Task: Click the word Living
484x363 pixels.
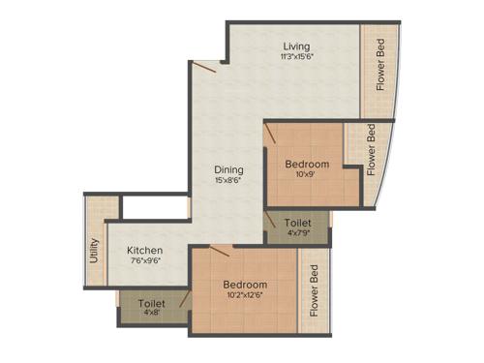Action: point(297,45)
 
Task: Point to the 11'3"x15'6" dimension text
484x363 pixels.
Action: point(297,56)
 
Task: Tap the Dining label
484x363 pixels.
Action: point(227,168)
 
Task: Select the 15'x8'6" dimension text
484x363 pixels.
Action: point(227,179)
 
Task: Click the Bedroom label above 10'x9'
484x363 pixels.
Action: point(306,165)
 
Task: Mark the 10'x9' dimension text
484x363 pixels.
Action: point(306,175)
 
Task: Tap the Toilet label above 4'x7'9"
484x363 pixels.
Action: point(297,222)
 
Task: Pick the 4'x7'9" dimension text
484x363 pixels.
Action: point(297,232)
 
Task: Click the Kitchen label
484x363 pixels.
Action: point(144,251)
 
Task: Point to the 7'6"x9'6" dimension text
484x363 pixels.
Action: point(144,261)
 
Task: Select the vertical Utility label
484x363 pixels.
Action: point(95,251)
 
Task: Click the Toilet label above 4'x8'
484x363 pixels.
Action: point(152,304)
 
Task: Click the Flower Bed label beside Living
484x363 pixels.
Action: point(380,65)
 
